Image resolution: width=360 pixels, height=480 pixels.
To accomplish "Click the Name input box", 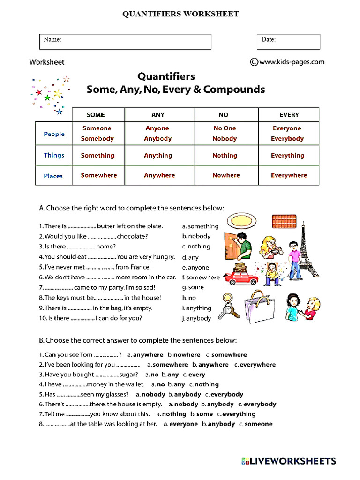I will [x=125, y=41].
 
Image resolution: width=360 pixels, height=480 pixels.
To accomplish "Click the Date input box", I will [x=288, y=41].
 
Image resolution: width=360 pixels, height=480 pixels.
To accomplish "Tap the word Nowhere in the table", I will [x=226, y=175].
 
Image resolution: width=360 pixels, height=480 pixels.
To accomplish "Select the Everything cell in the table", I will [x=287, y=155].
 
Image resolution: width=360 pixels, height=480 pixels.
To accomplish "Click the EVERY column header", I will [x=289, y=115].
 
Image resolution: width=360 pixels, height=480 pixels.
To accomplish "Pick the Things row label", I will [x=54, y=155].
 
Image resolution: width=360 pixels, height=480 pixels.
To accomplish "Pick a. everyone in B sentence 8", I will [x=180, y=424].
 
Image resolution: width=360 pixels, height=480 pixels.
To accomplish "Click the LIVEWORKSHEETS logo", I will [x=289, y=461].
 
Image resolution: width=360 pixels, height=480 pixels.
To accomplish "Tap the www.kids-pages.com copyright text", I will [x=287, y=61].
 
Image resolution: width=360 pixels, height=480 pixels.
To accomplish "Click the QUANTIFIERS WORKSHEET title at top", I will [x=180, y=14].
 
